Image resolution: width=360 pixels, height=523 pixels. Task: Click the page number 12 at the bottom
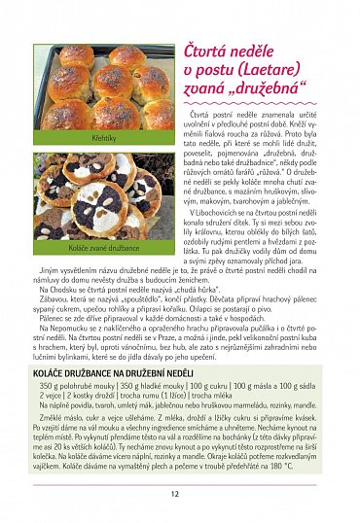point(174,493)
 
